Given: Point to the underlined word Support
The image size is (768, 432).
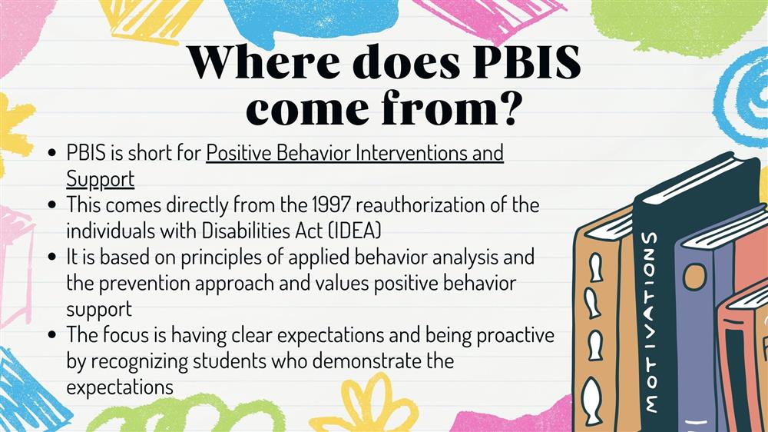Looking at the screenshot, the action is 101,179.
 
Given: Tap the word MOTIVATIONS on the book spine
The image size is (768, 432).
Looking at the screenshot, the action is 650,321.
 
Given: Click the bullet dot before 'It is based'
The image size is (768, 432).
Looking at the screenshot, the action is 53,257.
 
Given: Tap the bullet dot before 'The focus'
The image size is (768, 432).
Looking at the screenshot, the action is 53,335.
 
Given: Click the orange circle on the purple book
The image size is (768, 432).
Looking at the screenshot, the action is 695,276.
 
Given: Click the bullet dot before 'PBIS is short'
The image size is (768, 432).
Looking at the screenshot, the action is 53,152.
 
